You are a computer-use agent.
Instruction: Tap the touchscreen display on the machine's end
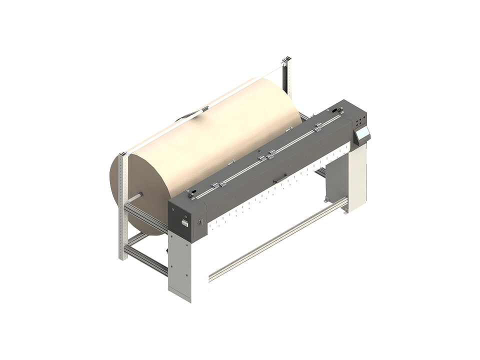pos(362,133)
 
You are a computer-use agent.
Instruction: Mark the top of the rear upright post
pos(286,60)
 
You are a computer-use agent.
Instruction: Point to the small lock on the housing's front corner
pos(200,220)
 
